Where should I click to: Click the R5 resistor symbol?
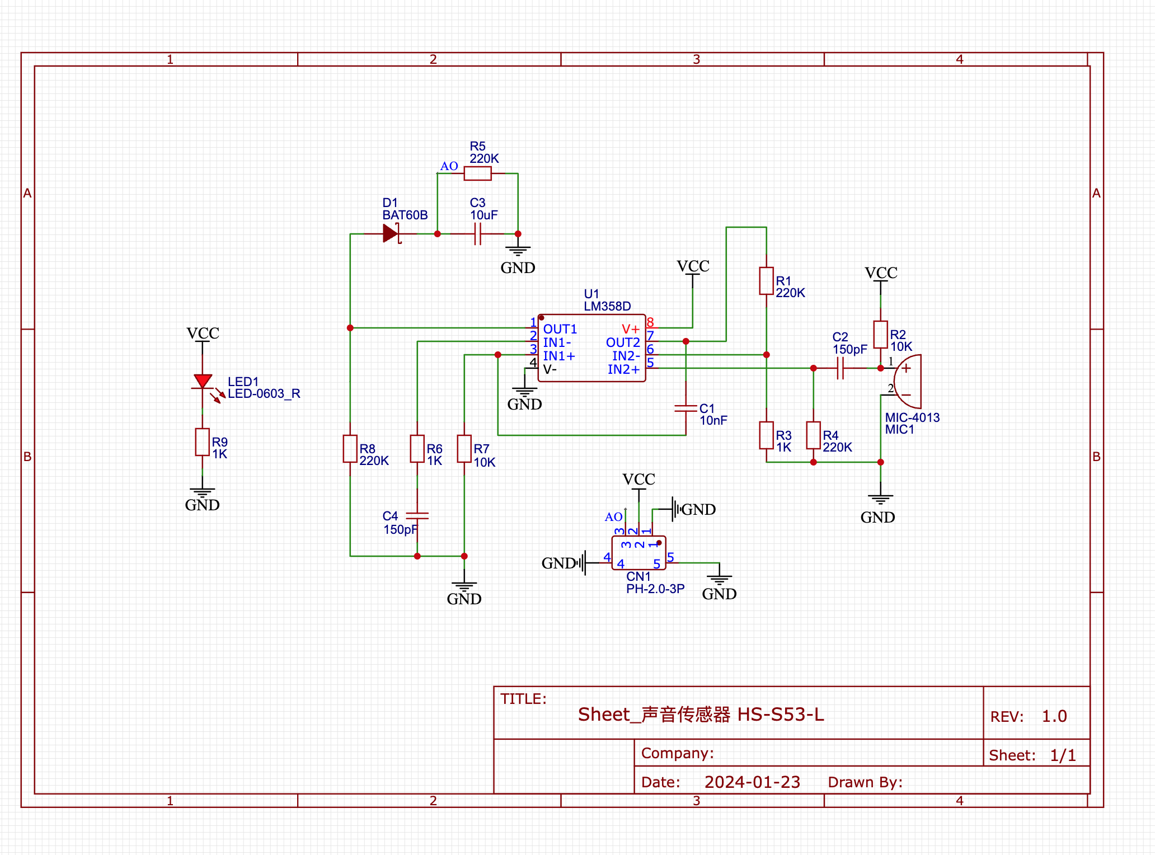tap(477, 173)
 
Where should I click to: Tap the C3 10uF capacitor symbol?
tap(477, 234)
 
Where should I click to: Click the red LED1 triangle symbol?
tap(203, 382)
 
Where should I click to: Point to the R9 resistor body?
tap(203, 442)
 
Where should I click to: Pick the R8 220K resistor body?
tap(350, 449)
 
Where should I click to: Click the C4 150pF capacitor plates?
tap(417, 515)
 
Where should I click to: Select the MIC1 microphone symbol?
tap(907, 382)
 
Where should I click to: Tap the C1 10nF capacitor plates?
tap(686, 408)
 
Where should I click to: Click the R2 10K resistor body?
tap(880, 335)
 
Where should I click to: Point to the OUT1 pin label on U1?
tap(560, 329)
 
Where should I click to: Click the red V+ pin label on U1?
tap(630, 329)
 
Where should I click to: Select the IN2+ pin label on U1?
tap(623, 369)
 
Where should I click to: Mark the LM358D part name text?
tap(607, 306)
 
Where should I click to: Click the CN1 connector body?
tap(638, 553)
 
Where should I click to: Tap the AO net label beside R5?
tap(449, 166)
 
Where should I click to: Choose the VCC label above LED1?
tap(203, 333)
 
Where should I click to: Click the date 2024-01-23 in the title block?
tap(752, 782)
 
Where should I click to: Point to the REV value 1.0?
tap(1054, 716)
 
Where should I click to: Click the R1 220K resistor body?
tap(766, 281)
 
